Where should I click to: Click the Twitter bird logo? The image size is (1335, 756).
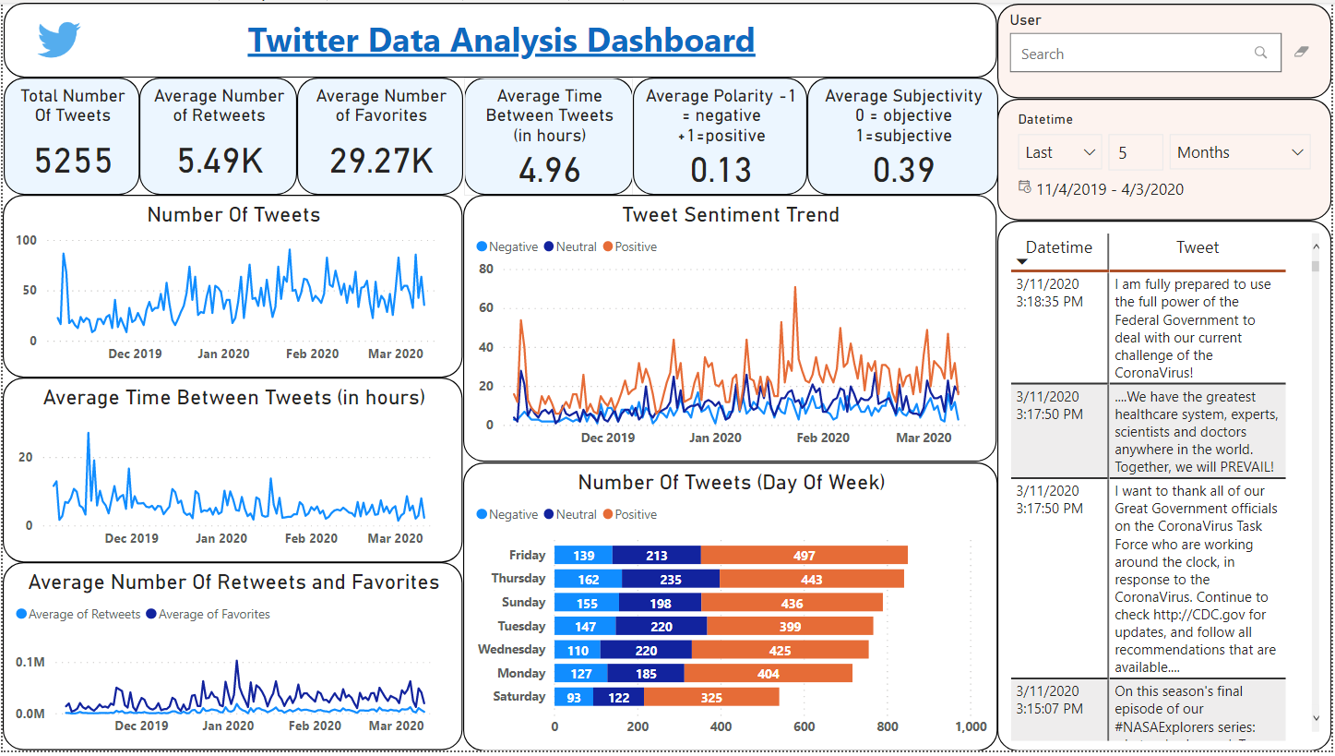tap(59, 40)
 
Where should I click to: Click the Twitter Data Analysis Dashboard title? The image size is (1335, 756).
tap(501, 41)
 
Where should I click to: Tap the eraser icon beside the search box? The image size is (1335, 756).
tap(1302, 53)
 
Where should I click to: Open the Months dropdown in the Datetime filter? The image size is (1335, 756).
tap(1239, 152)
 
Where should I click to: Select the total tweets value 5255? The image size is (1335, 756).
tap(73, 162)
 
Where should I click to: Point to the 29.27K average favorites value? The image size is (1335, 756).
tap(381, 162)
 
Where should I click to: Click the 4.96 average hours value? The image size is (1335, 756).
tap(549, 171)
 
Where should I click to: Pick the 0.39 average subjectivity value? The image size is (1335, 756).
tap(903, 171)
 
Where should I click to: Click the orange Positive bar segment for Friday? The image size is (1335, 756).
tap(804, 556)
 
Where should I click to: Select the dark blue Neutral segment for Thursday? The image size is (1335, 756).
tap(671, 580)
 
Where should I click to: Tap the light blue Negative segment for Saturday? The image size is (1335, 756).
tap(574, 698)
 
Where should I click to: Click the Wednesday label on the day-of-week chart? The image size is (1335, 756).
tap(511, 650)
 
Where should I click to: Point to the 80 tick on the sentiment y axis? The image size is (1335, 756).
tap(486, 270)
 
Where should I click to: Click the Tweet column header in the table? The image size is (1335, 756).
tap(1197, 247)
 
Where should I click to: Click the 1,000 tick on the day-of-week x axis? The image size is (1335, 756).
tap(971, 727)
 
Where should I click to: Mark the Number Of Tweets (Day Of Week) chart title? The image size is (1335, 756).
tap(731, 483)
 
